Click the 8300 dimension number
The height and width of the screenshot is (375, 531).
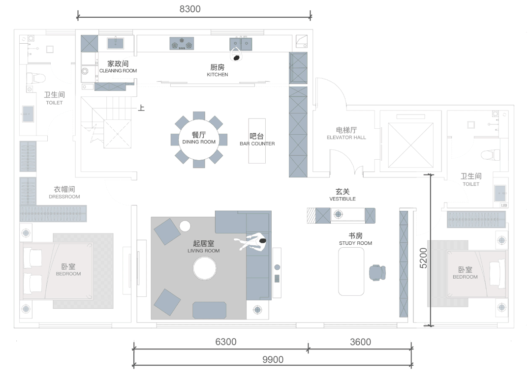click(190, 9)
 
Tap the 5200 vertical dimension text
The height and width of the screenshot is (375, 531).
click(423, 258)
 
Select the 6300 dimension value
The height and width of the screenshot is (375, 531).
click(226, 342)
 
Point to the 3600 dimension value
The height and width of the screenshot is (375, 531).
click(360, 342)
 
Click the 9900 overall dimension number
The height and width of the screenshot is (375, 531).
click(273, 359)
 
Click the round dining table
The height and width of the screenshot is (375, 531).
click(199, 140)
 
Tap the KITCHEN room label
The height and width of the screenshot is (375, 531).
click(218, 74)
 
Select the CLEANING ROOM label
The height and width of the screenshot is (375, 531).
click(118, 71)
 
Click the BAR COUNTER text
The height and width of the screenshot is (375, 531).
click(257, 144)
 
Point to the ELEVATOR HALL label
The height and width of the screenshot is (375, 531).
click(346, 137)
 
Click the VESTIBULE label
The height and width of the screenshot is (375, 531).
click(343, 199)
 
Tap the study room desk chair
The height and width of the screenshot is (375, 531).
click(377, 273)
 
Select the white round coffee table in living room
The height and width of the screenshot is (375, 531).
click(205, 269)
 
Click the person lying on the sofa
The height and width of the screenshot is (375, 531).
click(250, 242)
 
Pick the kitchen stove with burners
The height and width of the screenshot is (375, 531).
click(182, 44)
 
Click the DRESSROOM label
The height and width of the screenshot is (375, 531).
click(64, 197)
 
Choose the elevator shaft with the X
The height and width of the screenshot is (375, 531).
click(410, 145)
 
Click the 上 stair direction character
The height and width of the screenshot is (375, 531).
click(141, 108)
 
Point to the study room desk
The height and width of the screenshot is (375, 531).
click(351, 271)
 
